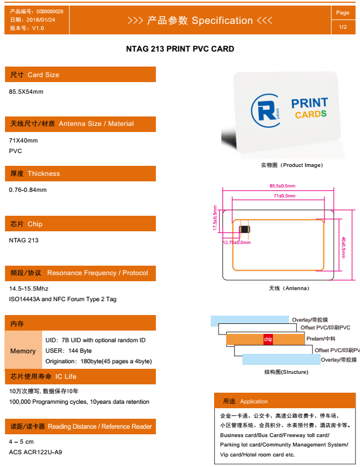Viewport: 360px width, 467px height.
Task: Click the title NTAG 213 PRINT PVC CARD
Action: click(180, 49)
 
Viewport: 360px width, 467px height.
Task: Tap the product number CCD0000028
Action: click(50, 12)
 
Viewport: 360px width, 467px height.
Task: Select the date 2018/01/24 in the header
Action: click(41, 20)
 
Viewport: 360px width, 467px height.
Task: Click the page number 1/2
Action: click(343, 27)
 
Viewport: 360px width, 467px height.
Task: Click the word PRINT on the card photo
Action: click(310, 103)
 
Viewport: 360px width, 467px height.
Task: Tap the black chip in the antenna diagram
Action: click(245, 229)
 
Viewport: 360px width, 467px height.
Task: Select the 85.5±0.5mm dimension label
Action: click(282, 186)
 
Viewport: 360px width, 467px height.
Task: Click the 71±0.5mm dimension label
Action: click(285, 196)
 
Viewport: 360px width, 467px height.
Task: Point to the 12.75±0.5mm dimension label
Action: click(237, 242)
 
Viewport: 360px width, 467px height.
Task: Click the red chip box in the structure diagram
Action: click(268, 339)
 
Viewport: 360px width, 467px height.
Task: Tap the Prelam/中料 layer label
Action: click(321, 339)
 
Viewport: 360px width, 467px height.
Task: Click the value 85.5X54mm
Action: click(26, 92)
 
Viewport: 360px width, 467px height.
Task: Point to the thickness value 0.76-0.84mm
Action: click(28, 190)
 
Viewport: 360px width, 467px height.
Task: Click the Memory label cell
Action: click(23, 351)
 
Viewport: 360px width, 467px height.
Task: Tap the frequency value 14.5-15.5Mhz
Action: click(29, 288)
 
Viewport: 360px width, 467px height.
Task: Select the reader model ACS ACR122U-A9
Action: click(36, 452)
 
